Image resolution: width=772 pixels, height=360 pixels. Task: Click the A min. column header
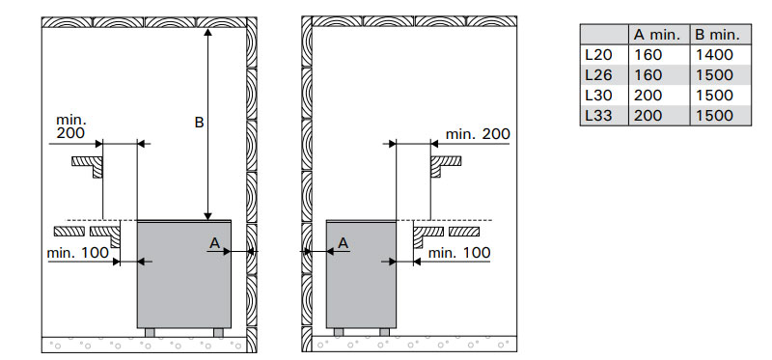pyautogui.click(x=657, y=35)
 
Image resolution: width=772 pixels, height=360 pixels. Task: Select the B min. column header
pyautogui.click(x=717, y=35)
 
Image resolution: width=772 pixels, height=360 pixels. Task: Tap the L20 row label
pyautogui.click(x=598, y=55)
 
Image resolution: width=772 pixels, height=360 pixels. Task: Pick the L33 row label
pyautogui.click(x=598, y=116)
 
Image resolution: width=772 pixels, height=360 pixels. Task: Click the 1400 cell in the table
pyautogui.click(x=714, y=55)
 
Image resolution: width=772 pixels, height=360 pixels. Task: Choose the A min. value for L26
pyautogui.click(x=648, y=75)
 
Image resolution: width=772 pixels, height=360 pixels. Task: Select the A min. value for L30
pyautogui.click(x=648, y=96)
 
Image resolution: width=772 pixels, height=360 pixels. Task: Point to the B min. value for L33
pyautogui.click(x=714, y=116)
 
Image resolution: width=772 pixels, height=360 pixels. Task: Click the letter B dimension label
pyautogui.click(x=199, y=123)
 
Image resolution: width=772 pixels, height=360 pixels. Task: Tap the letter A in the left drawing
pyautogui.click(x=214, y=243)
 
